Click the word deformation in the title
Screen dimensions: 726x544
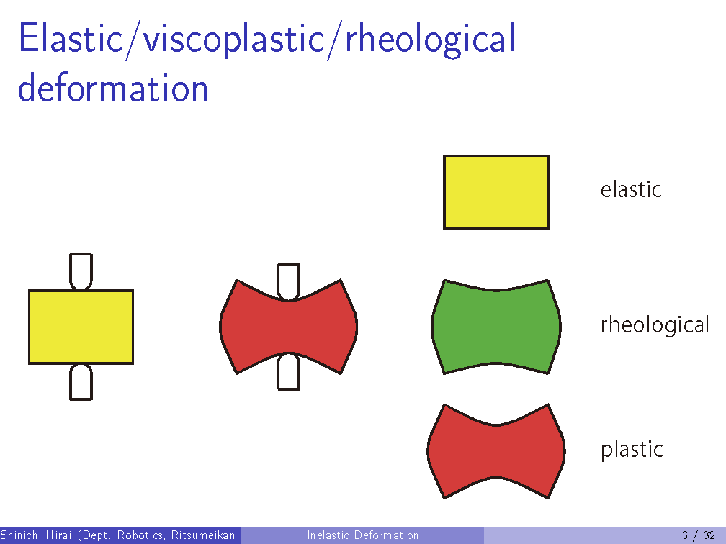(113, 88)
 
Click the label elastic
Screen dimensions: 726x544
(631, 189)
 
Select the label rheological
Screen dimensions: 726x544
(655, 325)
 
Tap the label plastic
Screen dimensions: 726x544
(632, 450)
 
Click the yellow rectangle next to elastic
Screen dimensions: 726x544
(496, 192)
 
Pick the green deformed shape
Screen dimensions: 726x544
(496, 327)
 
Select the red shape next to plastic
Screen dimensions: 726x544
(496, 451)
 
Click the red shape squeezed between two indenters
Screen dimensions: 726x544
(288, 327)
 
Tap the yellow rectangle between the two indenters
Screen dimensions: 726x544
(81, 327)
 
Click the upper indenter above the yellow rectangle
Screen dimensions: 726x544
(81, 271)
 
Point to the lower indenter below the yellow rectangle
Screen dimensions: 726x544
(81, 382)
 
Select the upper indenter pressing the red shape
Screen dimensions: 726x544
(288, 282)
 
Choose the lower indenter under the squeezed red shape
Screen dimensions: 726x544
(288, 371)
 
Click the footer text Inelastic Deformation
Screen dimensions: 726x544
(362, 535)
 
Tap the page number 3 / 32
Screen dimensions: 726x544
(698, 535)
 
